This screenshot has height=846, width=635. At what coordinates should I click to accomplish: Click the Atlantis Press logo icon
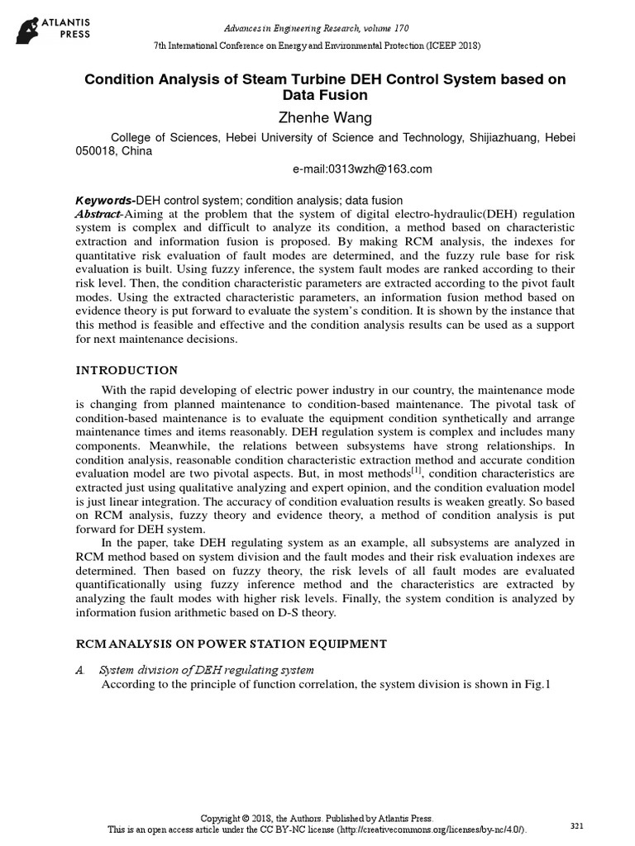[28, 29]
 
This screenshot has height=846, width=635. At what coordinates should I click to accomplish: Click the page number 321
[577, 826]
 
